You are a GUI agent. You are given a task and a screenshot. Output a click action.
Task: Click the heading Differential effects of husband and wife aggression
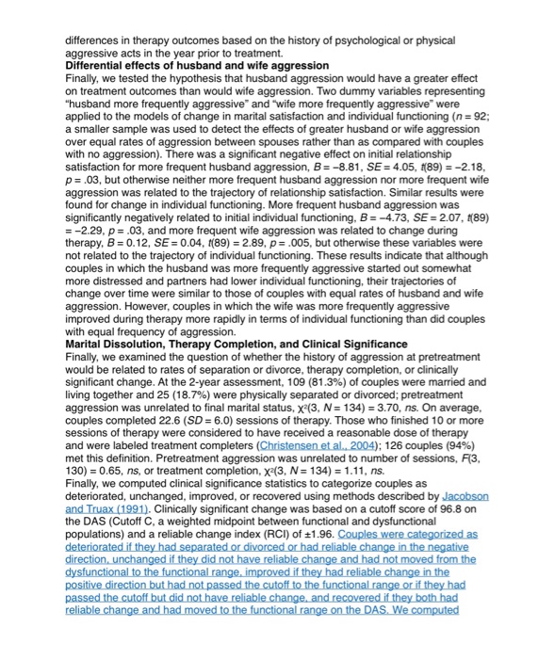[x=197, y=66]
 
